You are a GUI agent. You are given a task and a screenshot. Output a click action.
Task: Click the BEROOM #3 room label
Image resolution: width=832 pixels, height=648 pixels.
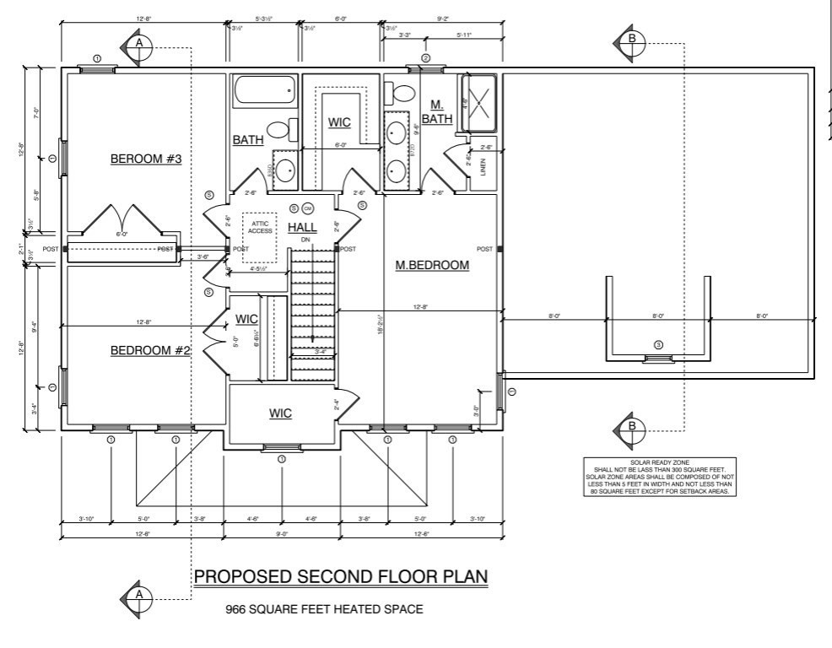tap(147, 159)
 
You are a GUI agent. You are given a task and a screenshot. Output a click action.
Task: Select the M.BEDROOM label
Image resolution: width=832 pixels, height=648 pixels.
tap(432, 266)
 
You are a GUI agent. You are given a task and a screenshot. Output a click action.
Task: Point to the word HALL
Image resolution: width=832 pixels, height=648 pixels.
tap(302, 228)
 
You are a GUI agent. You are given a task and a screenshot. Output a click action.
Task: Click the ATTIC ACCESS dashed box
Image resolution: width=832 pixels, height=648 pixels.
tap(260, 225)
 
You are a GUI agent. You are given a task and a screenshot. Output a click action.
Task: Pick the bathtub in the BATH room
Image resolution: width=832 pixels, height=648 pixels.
tap(264, 89)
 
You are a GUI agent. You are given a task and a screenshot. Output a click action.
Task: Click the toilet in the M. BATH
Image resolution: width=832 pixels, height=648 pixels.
tap(403, 92)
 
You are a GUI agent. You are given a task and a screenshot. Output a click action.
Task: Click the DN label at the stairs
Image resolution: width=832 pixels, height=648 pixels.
tap(305, 240)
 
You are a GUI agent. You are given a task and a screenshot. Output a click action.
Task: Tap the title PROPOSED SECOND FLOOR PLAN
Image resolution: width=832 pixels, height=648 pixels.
tap(341, 576)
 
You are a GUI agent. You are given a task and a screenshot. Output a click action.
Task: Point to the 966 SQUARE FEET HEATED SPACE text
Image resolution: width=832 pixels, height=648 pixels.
tap(323, 608)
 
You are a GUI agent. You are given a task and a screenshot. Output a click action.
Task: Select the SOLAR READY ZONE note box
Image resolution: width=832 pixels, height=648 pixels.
tap(661, 477)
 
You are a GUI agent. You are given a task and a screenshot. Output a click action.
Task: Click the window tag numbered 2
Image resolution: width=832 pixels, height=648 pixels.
tap(426, 58)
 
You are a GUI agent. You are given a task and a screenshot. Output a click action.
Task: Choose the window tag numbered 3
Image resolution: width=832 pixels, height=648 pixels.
tap(659, 344)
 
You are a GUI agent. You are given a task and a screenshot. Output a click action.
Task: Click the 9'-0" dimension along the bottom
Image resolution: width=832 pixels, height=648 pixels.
tap(282, 534)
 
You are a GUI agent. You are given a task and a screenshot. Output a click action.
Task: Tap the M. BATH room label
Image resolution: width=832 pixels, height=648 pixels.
tap(437, 111)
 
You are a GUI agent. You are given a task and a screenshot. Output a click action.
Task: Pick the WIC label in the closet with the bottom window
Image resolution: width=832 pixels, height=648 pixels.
tap(280, 413)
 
